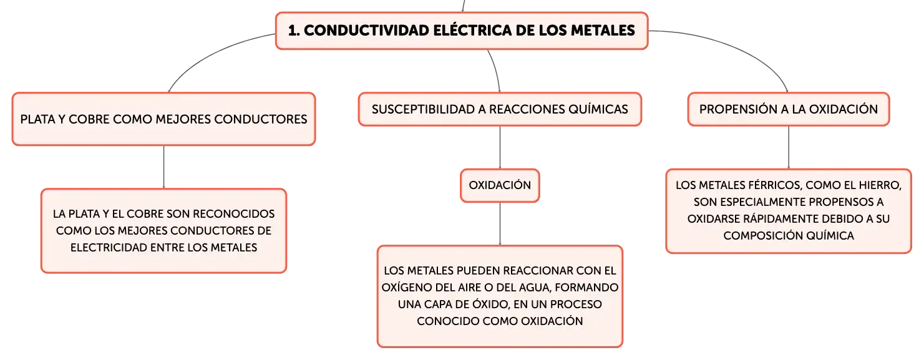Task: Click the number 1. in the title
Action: (294, 31)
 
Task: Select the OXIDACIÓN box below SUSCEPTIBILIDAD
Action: (500, 185)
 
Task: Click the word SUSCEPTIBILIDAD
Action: (423, 109)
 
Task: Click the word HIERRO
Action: (878, 185)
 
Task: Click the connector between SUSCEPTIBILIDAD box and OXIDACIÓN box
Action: (500, 147)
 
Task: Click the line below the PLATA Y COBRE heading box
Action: (163, 167)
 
